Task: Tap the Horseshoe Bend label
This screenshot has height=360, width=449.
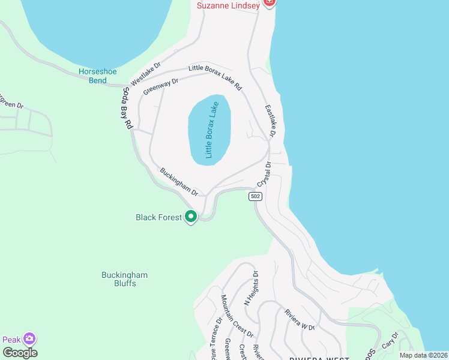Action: click(97, 76)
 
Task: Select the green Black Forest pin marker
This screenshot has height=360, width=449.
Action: click(191, 217)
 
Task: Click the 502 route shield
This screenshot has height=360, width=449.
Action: click(255, 196)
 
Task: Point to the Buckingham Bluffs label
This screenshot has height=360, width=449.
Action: click(124, 279)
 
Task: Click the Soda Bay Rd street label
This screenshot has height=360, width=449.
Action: click(127, 109)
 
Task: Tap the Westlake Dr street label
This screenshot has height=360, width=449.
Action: click(146, 73)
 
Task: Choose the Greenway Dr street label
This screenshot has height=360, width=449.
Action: click(161, 86)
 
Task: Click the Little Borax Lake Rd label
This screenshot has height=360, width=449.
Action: click(215, 77)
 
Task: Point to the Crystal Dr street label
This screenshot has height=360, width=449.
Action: click(264, 174)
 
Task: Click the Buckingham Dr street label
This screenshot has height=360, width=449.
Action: click(179, 182)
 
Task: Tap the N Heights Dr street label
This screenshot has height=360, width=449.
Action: click(251, 289)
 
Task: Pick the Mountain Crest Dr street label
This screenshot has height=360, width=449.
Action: click(237, 316)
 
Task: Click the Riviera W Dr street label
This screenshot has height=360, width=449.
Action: click(300, 319)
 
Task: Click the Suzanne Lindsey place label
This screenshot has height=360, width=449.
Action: click(229, 5)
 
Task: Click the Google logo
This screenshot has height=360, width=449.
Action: click(20, 352)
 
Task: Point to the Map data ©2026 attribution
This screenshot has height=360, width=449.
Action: click(423, 355)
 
